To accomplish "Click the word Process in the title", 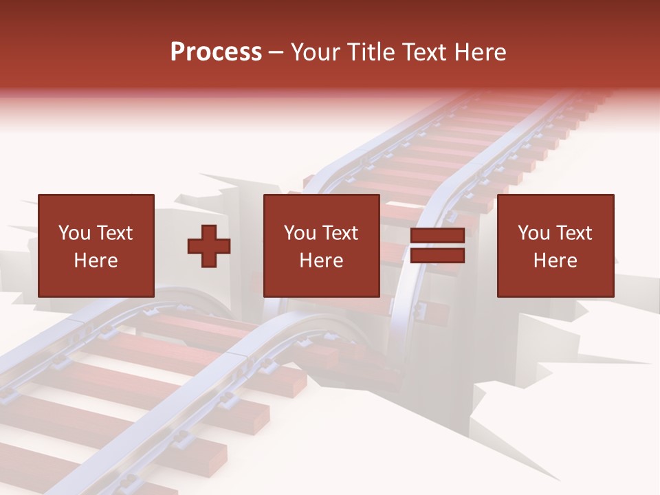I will click(x=216, y=52).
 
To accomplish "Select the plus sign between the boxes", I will click(x=209, y=246).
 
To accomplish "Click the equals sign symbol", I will click(x=437, y=246).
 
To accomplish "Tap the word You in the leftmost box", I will click(x=74, y=233).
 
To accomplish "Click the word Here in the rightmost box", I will click(x=555, y=261).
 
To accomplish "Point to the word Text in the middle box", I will click(x=340, y=233).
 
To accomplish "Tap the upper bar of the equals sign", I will click(x=437, y=236).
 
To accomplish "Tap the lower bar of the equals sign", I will click(x=437, y=256).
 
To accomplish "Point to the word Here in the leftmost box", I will click(x=96, y=261).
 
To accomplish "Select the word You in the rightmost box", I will click(x=533, y=233).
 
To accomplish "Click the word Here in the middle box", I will click(x=321, y=261).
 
